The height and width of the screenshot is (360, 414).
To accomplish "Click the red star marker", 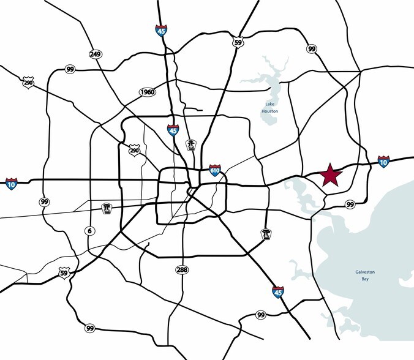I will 330,175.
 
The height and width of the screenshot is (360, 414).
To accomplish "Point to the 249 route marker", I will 95,54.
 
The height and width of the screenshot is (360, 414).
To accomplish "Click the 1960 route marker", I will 147,92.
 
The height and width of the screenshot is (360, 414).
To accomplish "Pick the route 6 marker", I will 90,230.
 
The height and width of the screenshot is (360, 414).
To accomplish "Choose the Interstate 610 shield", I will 214,170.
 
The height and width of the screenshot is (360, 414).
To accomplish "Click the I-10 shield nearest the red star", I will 384,161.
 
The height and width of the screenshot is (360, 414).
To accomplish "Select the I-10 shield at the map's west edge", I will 12,183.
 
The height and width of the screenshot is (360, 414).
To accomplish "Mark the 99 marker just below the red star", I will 350,204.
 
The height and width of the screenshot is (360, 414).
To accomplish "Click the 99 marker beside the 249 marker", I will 70,70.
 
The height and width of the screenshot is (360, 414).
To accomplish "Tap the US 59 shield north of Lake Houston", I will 239,42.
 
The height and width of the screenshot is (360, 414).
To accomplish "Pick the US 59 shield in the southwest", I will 64,273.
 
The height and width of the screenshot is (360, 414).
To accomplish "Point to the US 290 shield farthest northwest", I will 27,81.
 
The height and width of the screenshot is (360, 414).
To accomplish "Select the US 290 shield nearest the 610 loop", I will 135,150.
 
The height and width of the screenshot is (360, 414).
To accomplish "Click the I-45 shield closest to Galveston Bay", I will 278,291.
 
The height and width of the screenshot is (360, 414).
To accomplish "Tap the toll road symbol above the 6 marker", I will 107,208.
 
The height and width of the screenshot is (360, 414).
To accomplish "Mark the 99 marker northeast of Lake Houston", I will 312,48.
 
